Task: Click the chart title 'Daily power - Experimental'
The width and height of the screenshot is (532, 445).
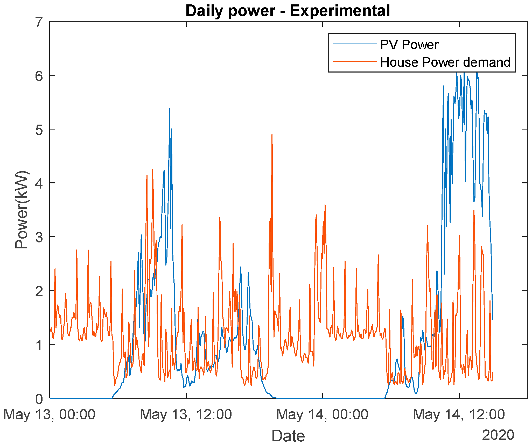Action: pos(288,11)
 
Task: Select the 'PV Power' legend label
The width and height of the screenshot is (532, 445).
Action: pos(409,45)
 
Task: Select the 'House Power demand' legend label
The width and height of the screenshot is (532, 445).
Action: pos(445,62)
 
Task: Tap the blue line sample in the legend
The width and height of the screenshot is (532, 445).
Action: pos(354,44)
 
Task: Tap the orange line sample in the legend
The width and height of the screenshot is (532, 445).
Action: pos(354,61)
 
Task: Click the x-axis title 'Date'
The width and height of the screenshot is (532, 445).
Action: pos(288,436)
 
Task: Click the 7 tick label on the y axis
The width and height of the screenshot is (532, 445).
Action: pos(39,23)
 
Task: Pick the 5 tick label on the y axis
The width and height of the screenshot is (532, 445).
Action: pos(39,130)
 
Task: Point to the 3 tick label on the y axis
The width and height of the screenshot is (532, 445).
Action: pos(39,237)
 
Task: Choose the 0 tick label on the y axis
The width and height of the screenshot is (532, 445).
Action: pos(39,399)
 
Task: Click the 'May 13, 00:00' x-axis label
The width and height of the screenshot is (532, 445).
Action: pos(49,414)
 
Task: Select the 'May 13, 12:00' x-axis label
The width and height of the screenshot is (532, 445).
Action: pos(186,414)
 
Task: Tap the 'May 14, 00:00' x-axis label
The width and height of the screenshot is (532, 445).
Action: pos(322,414)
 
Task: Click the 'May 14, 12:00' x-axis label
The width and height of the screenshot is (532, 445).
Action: pos(459,414)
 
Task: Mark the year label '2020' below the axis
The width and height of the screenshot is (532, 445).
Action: pos(498,435)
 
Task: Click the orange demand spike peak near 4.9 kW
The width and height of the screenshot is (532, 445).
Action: pos(272,135)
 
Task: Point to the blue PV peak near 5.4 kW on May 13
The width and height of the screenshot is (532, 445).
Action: pos(170,109)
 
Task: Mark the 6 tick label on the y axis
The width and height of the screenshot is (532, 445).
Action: pos(39,76)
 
